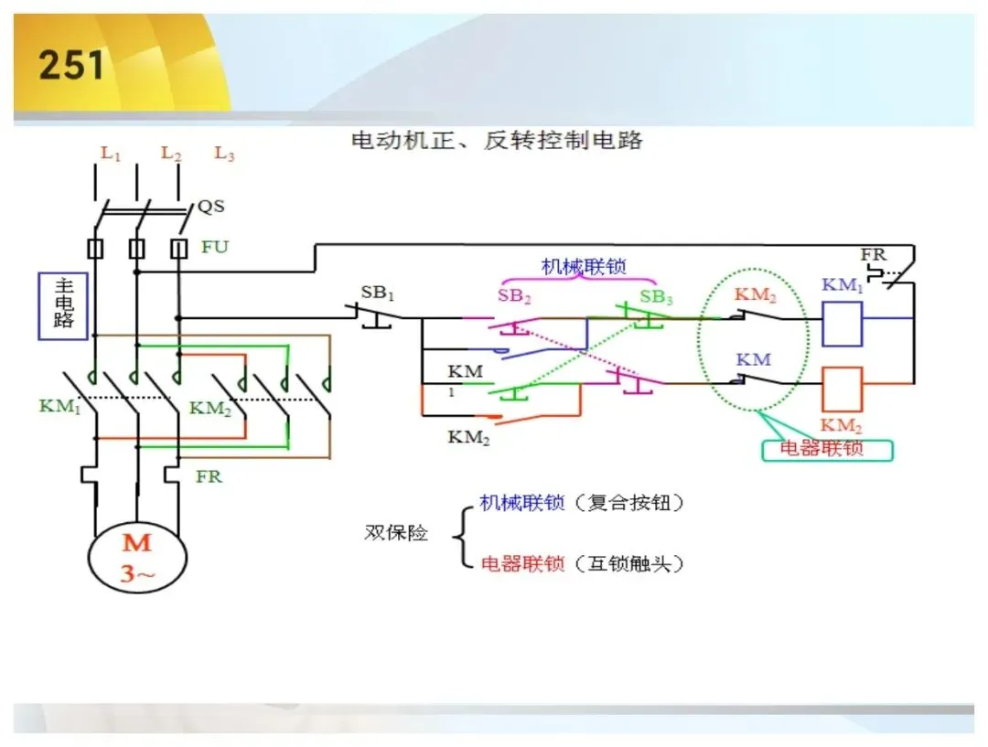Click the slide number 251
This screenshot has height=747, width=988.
click(71, 65)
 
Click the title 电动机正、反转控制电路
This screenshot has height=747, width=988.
click(497, 140)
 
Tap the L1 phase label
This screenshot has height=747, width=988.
click(111, 153)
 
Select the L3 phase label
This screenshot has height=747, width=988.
click(224, 153)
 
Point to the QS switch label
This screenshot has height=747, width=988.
click(211, 206)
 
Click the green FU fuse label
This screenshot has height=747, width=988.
click(215, 247)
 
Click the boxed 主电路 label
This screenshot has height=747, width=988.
click(63, 306)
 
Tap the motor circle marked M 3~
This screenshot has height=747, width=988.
click(137, 558)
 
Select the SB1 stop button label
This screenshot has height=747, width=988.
click(378, 293)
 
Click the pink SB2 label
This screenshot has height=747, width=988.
click(514, 295)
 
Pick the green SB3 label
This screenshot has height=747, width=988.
click(656, 296)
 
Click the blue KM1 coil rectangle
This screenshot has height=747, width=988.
click(842, 324)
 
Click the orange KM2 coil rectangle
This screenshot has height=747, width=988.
click(842, 390)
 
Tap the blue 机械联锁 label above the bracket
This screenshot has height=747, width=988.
click(584, 266)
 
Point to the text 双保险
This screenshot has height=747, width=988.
click(396, 533)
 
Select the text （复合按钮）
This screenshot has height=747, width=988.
click(628, 503)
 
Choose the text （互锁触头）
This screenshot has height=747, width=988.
click(628, 563)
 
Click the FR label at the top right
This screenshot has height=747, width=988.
click(874, 254)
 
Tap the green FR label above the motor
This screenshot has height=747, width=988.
click(209, 476)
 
